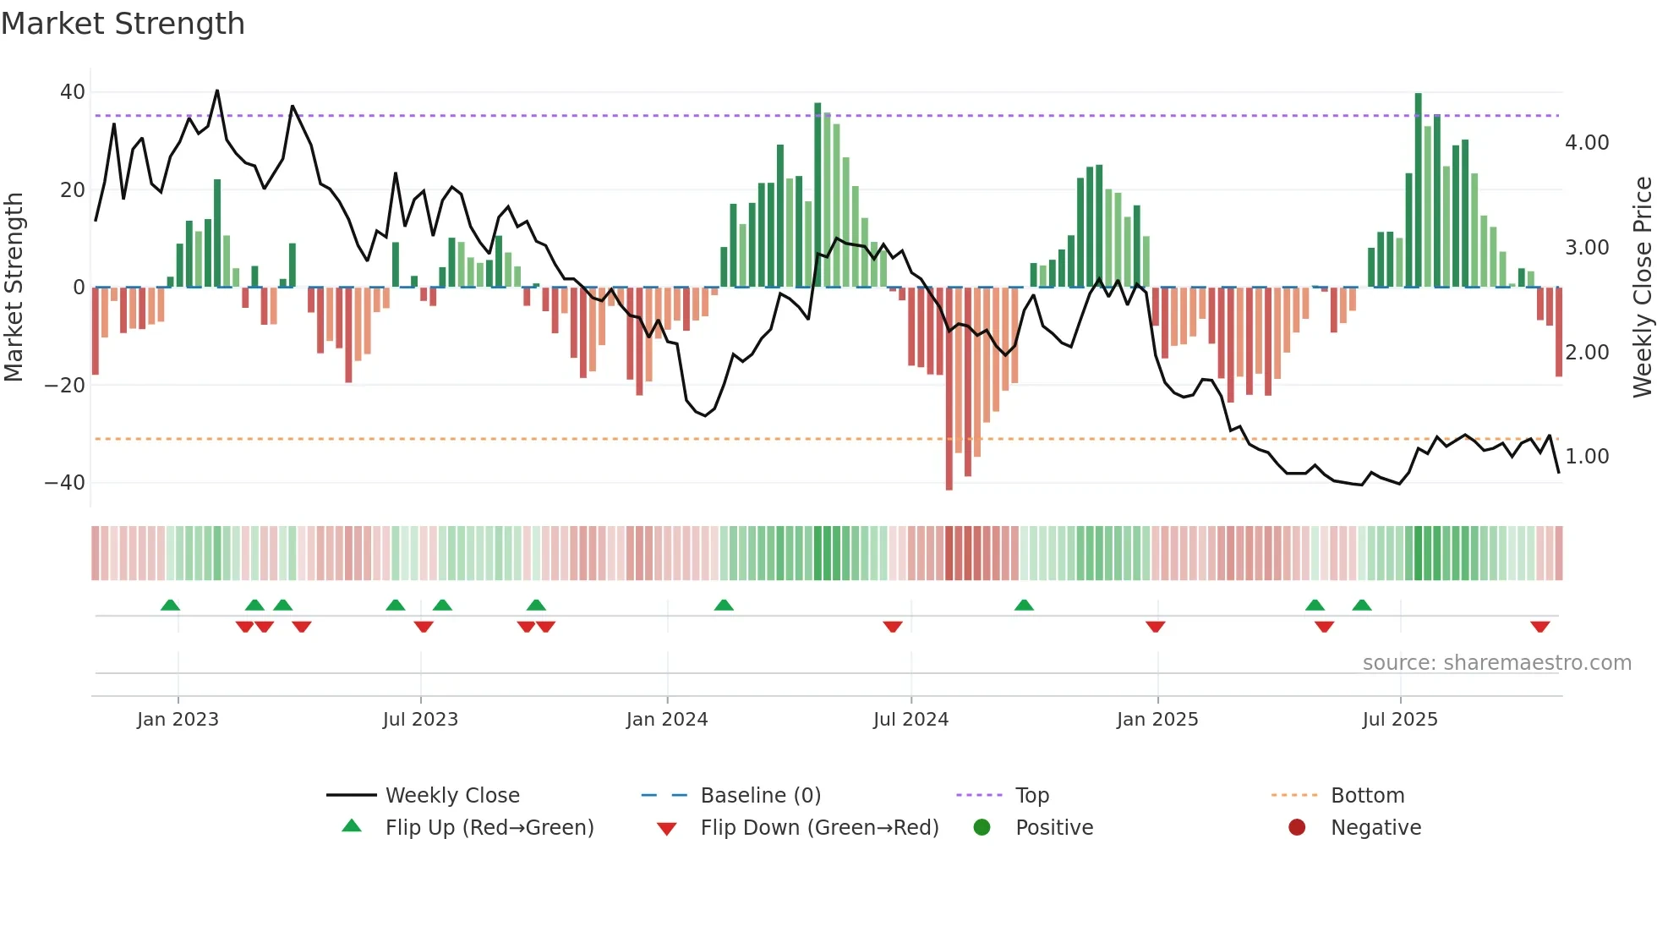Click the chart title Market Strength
123,24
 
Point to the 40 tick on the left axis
73,92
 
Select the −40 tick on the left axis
65,483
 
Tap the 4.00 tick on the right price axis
1587,143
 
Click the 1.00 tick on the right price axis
1587,457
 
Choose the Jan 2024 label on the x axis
667,720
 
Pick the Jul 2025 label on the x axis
1400,720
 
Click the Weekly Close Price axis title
1642,288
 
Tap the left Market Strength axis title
14,288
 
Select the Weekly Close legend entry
452,796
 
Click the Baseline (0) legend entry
760,796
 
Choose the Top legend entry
1031,796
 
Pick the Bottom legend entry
1367,796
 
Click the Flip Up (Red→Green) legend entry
489,828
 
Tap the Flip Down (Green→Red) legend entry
819,828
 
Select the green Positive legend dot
982,828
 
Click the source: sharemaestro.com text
1496,663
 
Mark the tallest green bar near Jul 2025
1419,190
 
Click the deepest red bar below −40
949,389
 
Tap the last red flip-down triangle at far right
1539,627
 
